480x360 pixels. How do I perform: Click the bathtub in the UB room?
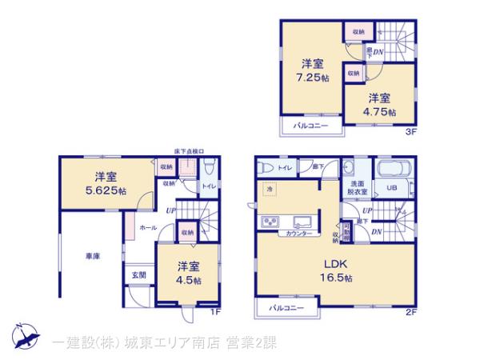392,173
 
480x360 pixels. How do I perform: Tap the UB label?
392,188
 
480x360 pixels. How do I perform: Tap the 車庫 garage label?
93,256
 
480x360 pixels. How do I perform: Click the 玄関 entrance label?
138,275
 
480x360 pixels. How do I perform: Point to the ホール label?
148,227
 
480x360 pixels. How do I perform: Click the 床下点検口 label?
189,150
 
